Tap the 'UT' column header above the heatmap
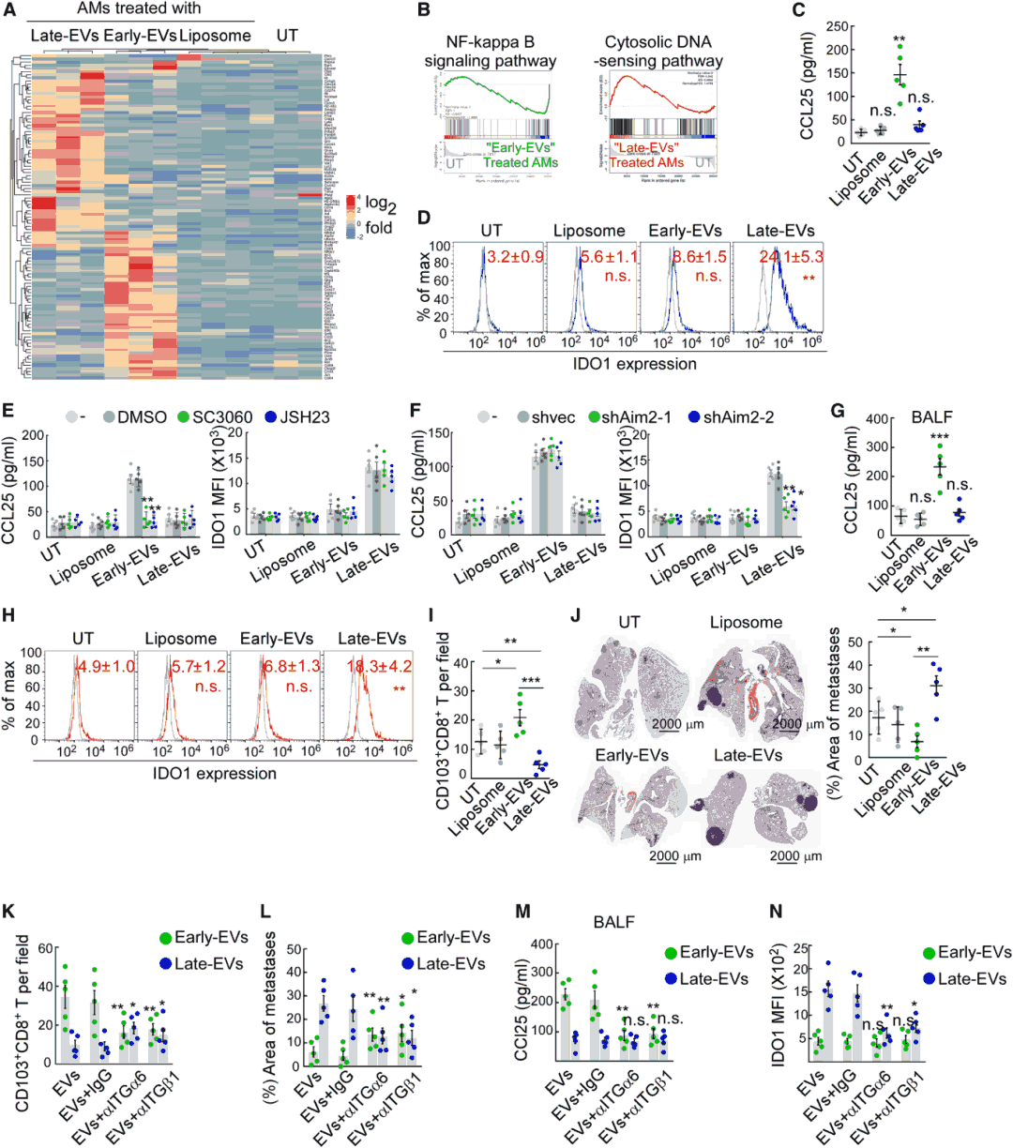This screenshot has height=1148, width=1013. coord(287,36)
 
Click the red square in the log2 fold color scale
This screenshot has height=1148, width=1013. coord(351,200)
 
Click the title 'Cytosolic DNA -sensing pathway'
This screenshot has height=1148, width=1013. coord(658,52)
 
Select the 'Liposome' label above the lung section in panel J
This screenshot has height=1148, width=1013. coord(746,622)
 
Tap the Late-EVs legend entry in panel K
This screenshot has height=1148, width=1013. coord(202,963)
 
